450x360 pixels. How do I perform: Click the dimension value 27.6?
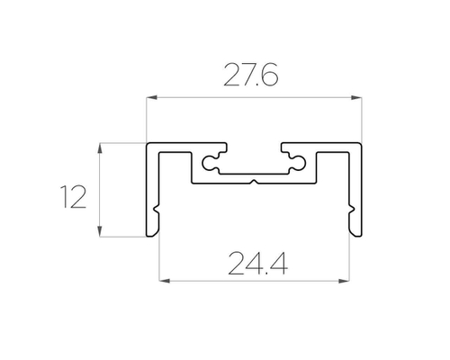point(250,77)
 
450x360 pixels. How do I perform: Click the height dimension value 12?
point(73,194)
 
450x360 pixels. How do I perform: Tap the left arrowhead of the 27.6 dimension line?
point(150,96)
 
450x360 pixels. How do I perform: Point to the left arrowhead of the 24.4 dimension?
point(162,281)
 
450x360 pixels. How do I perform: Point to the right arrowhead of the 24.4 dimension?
point(347,281)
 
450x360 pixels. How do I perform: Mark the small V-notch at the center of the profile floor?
point(255,182)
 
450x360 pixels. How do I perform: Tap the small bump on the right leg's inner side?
point(349,212)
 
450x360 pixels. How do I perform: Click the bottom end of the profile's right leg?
point(356,237)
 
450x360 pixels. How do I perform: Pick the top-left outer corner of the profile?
point(148,142)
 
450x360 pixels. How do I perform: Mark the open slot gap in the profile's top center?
point(255,147)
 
